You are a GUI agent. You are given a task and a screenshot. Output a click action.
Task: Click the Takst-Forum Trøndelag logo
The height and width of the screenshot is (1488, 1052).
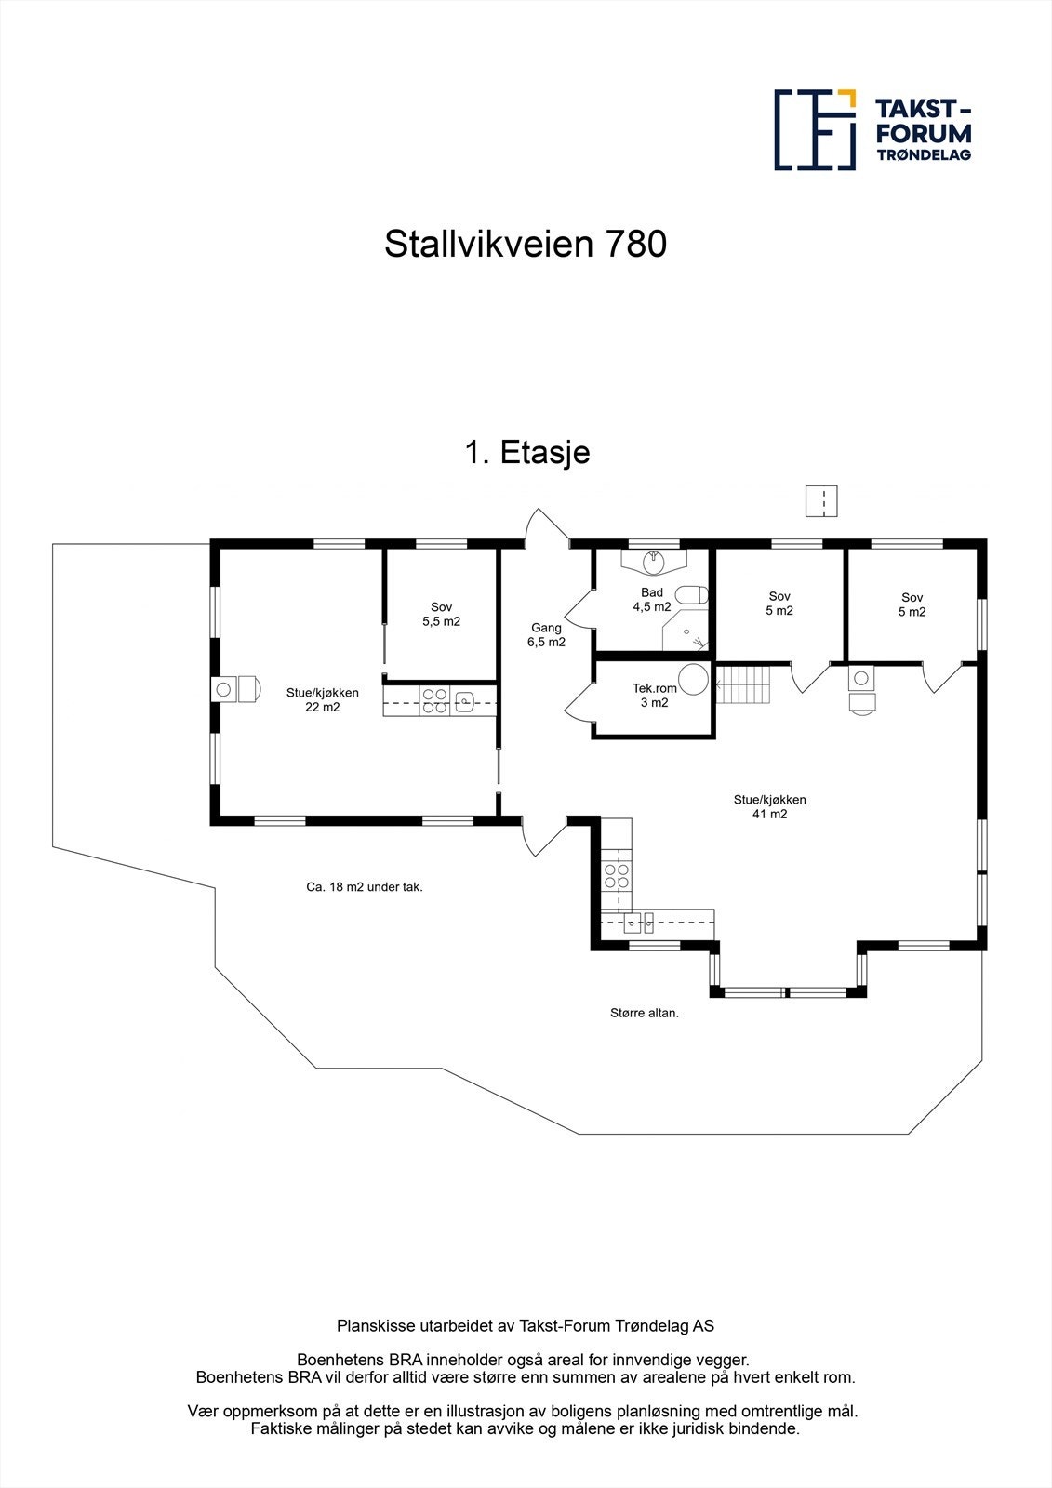point(872,130)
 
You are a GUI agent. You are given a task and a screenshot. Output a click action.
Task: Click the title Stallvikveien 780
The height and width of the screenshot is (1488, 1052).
point(526,245)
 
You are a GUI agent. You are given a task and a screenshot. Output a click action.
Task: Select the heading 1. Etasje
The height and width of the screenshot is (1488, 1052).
point(526,453)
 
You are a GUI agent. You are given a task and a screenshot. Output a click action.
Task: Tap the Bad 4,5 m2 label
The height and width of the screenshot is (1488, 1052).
point(651,600)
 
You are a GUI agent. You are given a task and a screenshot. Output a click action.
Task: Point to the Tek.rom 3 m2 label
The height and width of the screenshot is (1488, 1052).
point(654,696)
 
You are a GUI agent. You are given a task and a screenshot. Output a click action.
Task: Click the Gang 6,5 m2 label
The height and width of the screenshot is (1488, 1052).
point(546,634)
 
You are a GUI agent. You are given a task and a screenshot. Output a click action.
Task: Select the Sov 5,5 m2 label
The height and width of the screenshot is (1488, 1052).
point(441,614)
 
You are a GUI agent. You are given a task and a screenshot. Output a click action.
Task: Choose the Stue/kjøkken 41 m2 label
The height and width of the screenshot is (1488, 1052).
point(769,806)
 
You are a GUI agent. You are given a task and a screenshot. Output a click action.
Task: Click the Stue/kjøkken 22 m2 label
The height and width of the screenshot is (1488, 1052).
point(322,699)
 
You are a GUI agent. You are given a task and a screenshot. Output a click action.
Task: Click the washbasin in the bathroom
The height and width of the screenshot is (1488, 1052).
point(655,560)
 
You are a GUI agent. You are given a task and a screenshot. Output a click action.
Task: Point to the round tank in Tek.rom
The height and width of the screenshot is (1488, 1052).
point(692,680)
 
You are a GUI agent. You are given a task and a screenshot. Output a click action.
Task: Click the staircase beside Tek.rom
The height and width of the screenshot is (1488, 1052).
point(743,684)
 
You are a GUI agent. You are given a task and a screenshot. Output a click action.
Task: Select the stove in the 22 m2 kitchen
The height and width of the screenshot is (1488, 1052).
point(434,700)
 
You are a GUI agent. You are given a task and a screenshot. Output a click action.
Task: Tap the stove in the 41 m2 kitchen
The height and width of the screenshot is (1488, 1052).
point(617,874)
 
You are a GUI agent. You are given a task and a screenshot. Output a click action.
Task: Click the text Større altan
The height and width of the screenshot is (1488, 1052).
point(638,1013)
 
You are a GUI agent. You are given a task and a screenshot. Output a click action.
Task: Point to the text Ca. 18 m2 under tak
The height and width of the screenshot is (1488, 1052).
point(365,887)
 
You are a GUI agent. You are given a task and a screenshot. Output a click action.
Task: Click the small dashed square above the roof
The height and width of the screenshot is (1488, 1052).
point(821,500)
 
